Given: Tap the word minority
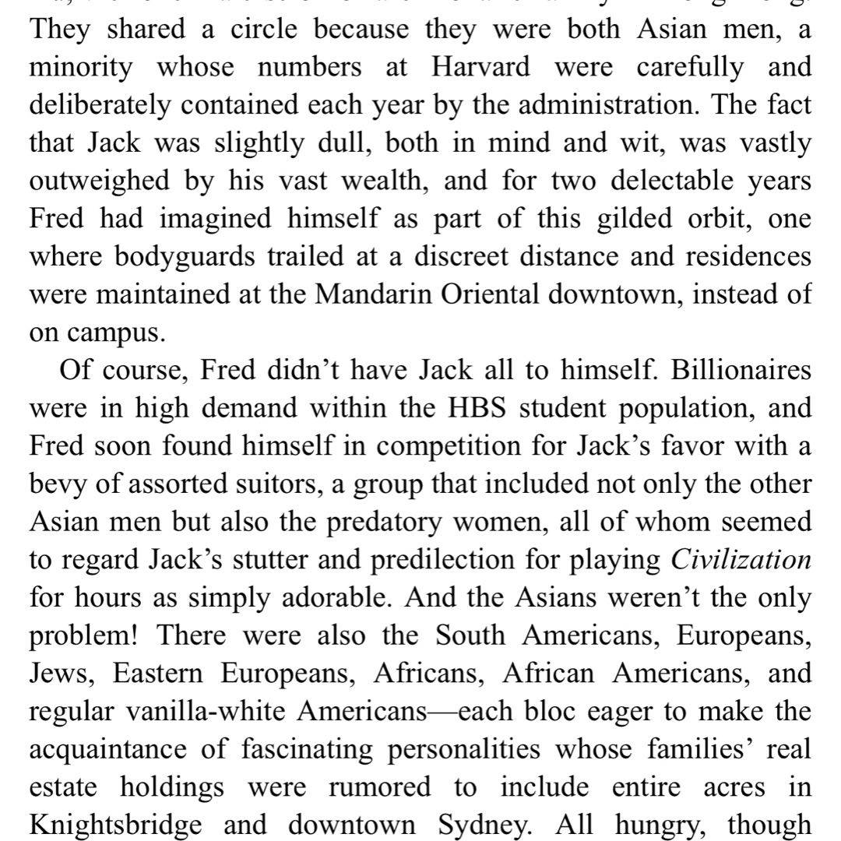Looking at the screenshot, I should (81, 68).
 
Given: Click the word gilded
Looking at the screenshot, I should (639, 218).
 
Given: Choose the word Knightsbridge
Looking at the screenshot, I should (117, 823).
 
